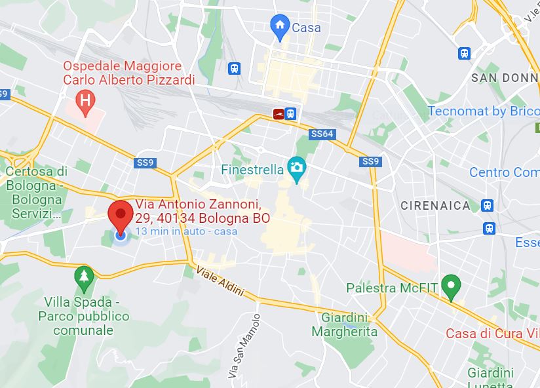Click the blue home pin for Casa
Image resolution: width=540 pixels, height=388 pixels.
(280, 26)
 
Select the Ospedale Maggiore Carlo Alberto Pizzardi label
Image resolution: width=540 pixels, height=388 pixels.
(129, 73)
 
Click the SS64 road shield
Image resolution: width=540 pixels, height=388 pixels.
(322, 134)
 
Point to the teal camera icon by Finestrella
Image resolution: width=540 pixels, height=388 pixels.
(297, 168)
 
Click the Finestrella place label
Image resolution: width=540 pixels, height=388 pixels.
(252, 169)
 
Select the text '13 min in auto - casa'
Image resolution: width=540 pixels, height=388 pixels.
(187, 231)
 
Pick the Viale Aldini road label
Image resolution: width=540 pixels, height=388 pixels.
(219, 281)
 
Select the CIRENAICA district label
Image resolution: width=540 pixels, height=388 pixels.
(436, 205)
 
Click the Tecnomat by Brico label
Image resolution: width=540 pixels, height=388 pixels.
(484, 111)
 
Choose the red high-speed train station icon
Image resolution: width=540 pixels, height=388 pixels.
(279, 114)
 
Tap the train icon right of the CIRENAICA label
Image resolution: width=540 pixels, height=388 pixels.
(487, 205)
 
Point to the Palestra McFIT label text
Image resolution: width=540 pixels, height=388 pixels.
(391, 288)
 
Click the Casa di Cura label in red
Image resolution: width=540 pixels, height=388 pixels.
(492, 334)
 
